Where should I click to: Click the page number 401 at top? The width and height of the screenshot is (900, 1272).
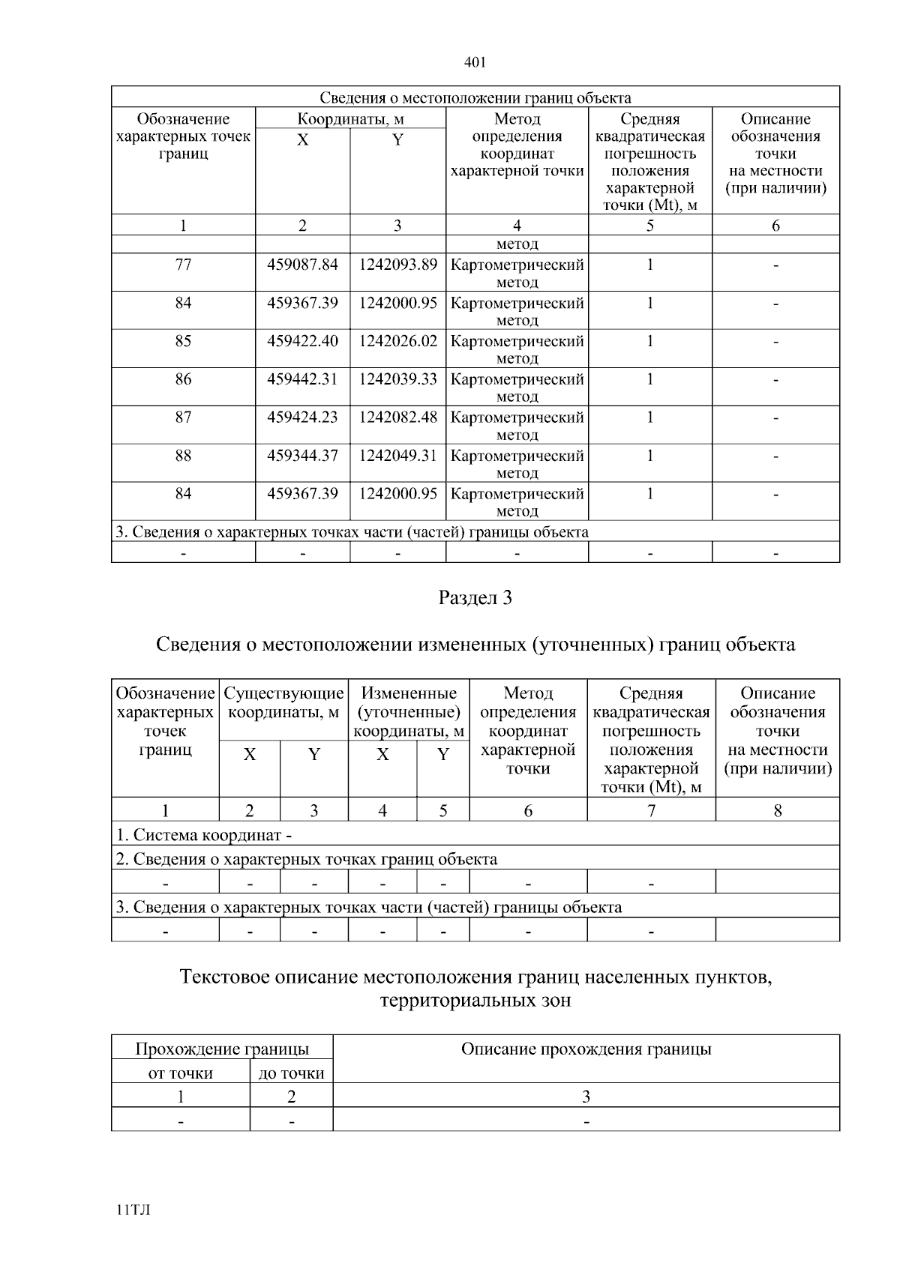coord(475,62)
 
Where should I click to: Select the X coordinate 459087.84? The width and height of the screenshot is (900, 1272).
coord(302,265)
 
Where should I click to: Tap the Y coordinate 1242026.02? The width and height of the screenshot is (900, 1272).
coord(397,341)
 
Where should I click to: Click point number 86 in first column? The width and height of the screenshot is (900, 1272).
coord(183,379)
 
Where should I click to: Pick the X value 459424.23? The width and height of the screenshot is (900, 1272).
coord(302,418)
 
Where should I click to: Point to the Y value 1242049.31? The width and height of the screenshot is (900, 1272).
coord(397,456)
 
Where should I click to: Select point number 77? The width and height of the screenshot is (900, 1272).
coord(183,265)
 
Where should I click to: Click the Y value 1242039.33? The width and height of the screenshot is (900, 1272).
coord(397,379)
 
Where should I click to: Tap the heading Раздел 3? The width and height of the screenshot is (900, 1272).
coord(475,598)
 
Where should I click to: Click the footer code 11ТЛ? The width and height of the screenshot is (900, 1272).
coord(133,1210)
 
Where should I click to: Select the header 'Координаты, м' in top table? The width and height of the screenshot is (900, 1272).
coord(350,118)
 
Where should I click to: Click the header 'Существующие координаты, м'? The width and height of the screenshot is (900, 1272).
coord(283,702)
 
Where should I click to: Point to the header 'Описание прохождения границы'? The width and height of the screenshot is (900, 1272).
coord(586,1049)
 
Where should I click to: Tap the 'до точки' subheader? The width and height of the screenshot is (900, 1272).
coord(291,1073)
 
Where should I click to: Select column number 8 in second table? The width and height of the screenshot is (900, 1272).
coord(777,810)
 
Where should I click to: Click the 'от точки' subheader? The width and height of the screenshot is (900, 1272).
coord(181,1073)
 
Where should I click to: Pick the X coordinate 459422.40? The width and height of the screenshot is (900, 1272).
coord(302,341)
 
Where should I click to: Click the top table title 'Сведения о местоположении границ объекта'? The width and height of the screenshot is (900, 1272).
coord(475,98)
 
